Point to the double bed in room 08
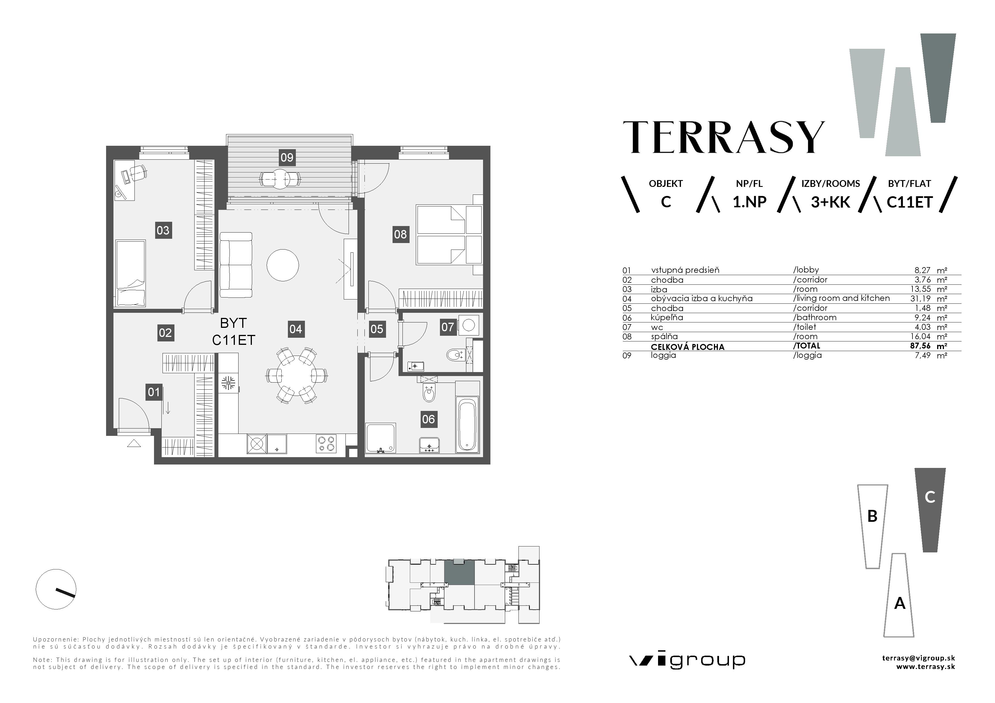[x=448, y=235]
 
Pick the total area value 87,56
[x=920, y=346]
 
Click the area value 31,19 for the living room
[x=920, y=298]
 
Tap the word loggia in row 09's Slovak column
[x=663, y=355]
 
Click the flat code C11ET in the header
[x=909, y=202]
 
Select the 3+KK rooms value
[x=830, y=202]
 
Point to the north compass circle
[x=56, y=589]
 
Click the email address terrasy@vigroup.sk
[x=918, y=658]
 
